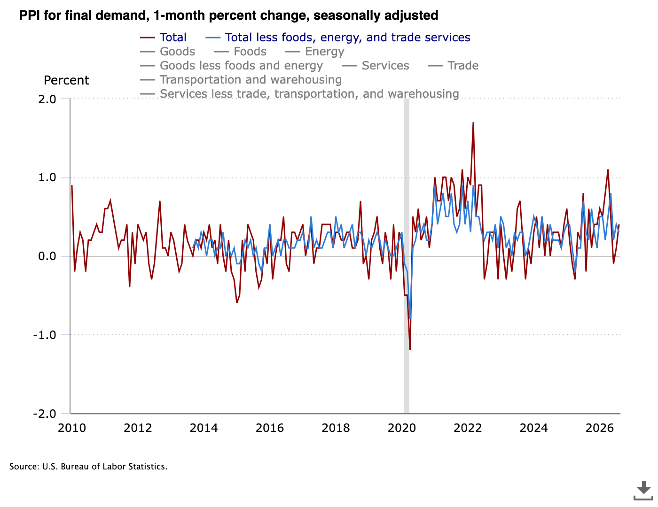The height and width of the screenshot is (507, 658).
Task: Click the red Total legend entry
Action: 163,38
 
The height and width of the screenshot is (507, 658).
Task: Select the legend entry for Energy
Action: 314,52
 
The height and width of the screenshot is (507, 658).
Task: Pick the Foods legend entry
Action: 240,52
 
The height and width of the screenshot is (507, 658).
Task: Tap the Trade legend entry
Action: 453,66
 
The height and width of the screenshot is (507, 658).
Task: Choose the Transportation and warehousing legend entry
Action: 241,80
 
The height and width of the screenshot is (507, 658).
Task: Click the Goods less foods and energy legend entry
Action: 231,66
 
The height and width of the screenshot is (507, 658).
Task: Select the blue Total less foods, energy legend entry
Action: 337,38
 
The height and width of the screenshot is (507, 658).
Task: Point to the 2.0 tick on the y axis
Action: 47,99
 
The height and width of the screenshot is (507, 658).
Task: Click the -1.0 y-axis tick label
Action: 45,335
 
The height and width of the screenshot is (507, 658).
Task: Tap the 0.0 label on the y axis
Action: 47,256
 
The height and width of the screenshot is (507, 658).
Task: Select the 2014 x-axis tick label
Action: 204,428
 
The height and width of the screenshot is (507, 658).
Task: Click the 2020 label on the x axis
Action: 402,428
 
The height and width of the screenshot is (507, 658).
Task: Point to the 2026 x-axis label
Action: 600,428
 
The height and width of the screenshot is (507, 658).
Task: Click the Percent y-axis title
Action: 66,80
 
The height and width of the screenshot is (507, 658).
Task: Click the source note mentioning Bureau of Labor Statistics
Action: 88,467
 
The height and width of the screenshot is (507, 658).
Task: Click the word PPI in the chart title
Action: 29,15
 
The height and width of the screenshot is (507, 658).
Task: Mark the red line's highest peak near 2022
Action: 473,123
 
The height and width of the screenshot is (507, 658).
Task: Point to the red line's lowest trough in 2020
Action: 410,350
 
